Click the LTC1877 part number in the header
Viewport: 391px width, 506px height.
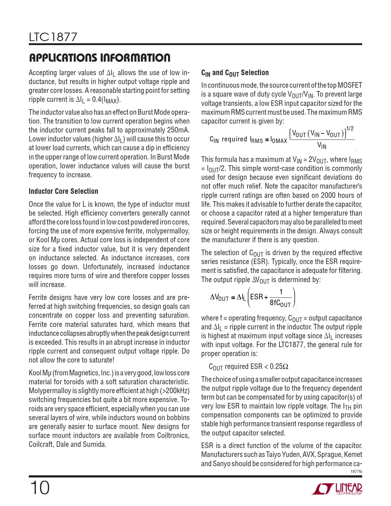click(53, 37)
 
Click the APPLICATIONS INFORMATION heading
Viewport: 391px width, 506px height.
click(99, 58)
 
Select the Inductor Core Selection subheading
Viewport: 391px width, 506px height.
click(63, 191)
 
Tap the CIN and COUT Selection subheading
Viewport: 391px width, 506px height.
click(235, 73)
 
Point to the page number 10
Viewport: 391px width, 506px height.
click(39, 488)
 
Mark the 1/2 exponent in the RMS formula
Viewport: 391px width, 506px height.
click(350, 128)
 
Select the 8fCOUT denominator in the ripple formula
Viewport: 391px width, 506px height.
click(280, 303)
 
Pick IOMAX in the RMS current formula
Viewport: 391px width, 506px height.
click(279, 141)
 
